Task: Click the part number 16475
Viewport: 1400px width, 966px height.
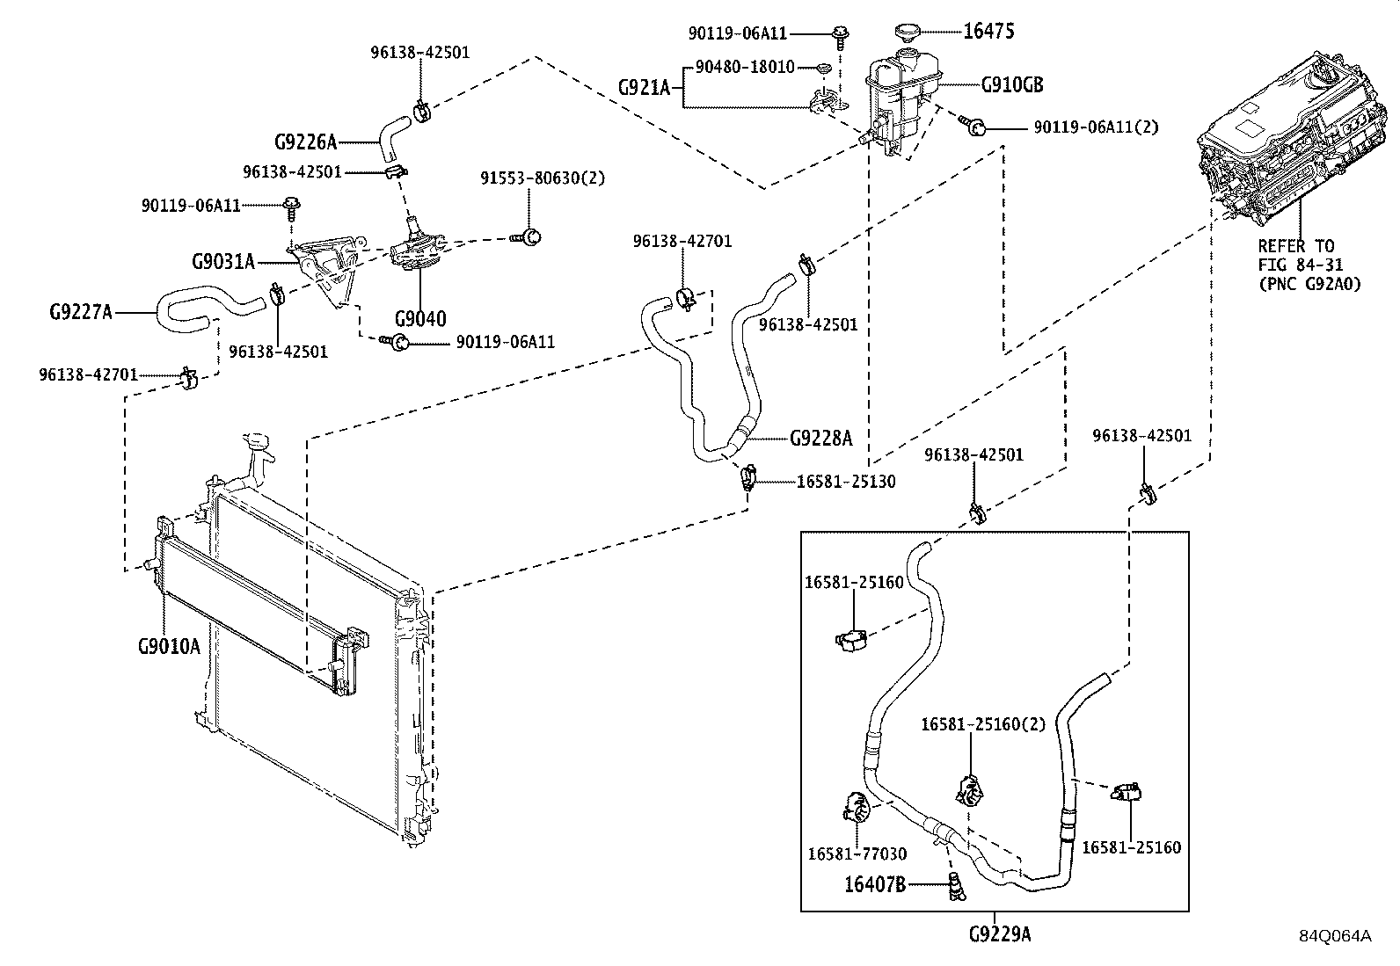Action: [x=989, y=32]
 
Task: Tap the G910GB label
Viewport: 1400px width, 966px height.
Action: [x=1012, y=85]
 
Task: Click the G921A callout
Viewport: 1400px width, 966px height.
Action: [x=644, y=87]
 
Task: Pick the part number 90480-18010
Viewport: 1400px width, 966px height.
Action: [x=745, y=67]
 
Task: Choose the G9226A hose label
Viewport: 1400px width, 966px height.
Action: [x=306, y=142]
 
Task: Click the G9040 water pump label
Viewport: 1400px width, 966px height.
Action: [x=419, y=318]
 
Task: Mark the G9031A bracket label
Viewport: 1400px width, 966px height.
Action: [x=223, y=261]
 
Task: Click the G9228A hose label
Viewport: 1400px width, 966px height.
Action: [x=820, y=438]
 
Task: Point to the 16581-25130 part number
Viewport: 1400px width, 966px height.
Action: [x=846, y=482]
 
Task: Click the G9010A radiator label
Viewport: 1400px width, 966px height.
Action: [x=169, y=646]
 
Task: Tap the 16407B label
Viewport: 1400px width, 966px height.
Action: [x=874, y=885]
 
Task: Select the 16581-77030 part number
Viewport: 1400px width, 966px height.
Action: [x=857, y=853]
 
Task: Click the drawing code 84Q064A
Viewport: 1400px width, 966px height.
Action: [x=1335, y=936]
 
